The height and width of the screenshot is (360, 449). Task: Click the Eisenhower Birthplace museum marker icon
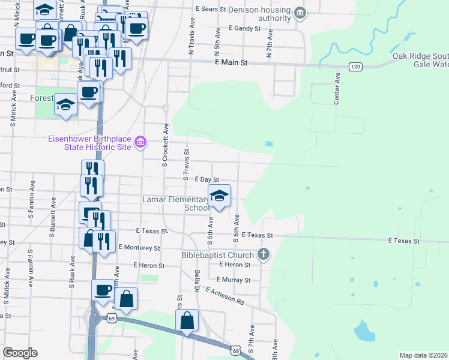point(140,142)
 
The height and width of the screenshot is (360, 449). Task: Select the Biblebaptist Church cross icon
point(263,254)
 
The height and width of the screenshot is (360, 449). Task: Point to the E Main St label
point(231,62)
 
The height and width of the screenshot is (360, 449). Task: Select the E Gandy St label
point(245,28)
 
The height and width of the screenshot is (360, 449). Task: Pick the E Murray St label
point(235,280)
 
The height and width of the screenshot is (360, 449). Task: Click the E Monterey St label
point(139,247)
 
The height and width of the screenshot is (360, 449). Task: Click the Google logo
point(20,353)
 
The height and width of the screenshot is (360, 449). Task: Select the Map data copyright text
point(423,355)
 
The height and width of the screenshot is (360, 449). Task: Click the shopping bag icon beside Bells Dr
point(187,321)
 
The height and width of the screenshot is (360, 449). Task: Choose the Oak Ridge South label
point(420,56)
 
